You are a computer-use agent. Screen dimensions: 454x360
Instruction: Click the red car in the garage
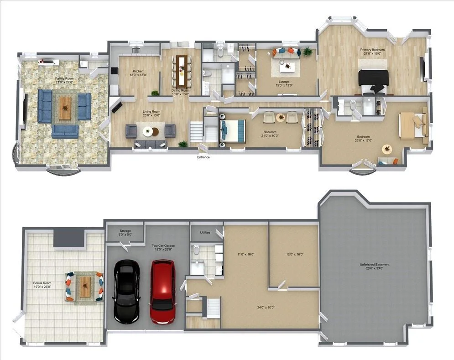[x=163, y=292]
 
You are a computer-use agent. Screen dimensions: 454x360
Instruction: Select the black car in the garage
[x=127, y=292]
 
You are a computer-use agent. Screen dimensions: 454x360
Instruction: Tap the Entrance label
[x=204, y=157]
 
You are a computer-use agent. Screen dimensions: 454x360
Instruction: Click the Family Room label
[x=65, y=78]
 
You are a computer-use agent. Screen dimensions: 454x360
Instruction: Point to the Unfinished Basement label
[x=374, y=265]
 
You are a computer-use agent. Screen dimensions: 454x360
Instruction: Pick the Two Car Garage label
[x=163, y=245]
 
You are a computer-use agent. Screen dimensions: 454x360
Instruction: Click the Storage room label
[x=125, y=231]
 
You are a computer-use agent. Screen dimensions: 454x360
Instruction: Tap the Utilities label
[x=205, y=232]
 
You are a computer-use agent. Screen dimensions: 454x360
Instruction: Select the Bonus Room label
[x=42, y=283]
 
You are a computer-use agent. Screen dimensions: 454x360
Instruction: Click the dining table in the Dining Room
[x=182, y=70]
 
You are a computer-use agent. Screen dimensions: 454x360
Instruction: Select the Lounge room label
[x=284, y=82]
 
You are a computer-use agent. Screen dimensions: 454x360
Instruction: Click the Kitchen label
[x=138, y=71]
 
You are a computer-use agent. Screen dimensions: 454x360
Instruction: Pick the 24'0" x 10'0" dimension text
[x=266, y=308]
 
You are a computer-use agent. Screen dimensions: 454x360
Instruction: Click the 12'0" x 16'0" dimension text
[x=295, y=254]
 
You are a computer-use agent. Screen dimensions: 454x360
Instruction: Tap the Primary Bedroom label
[x=373, y=50]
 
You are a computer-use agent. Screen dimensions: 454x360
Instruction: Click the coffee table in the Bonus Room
[x=85, y=287]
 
